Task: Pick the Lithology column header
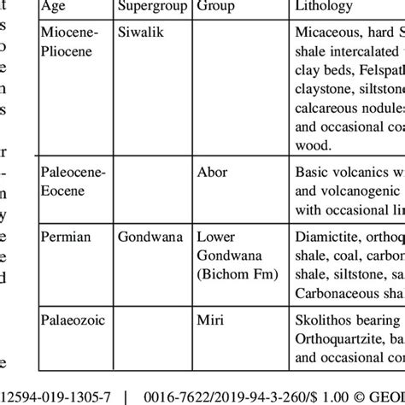point(323,8)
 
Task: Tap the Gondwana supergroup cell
point(150,235)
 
